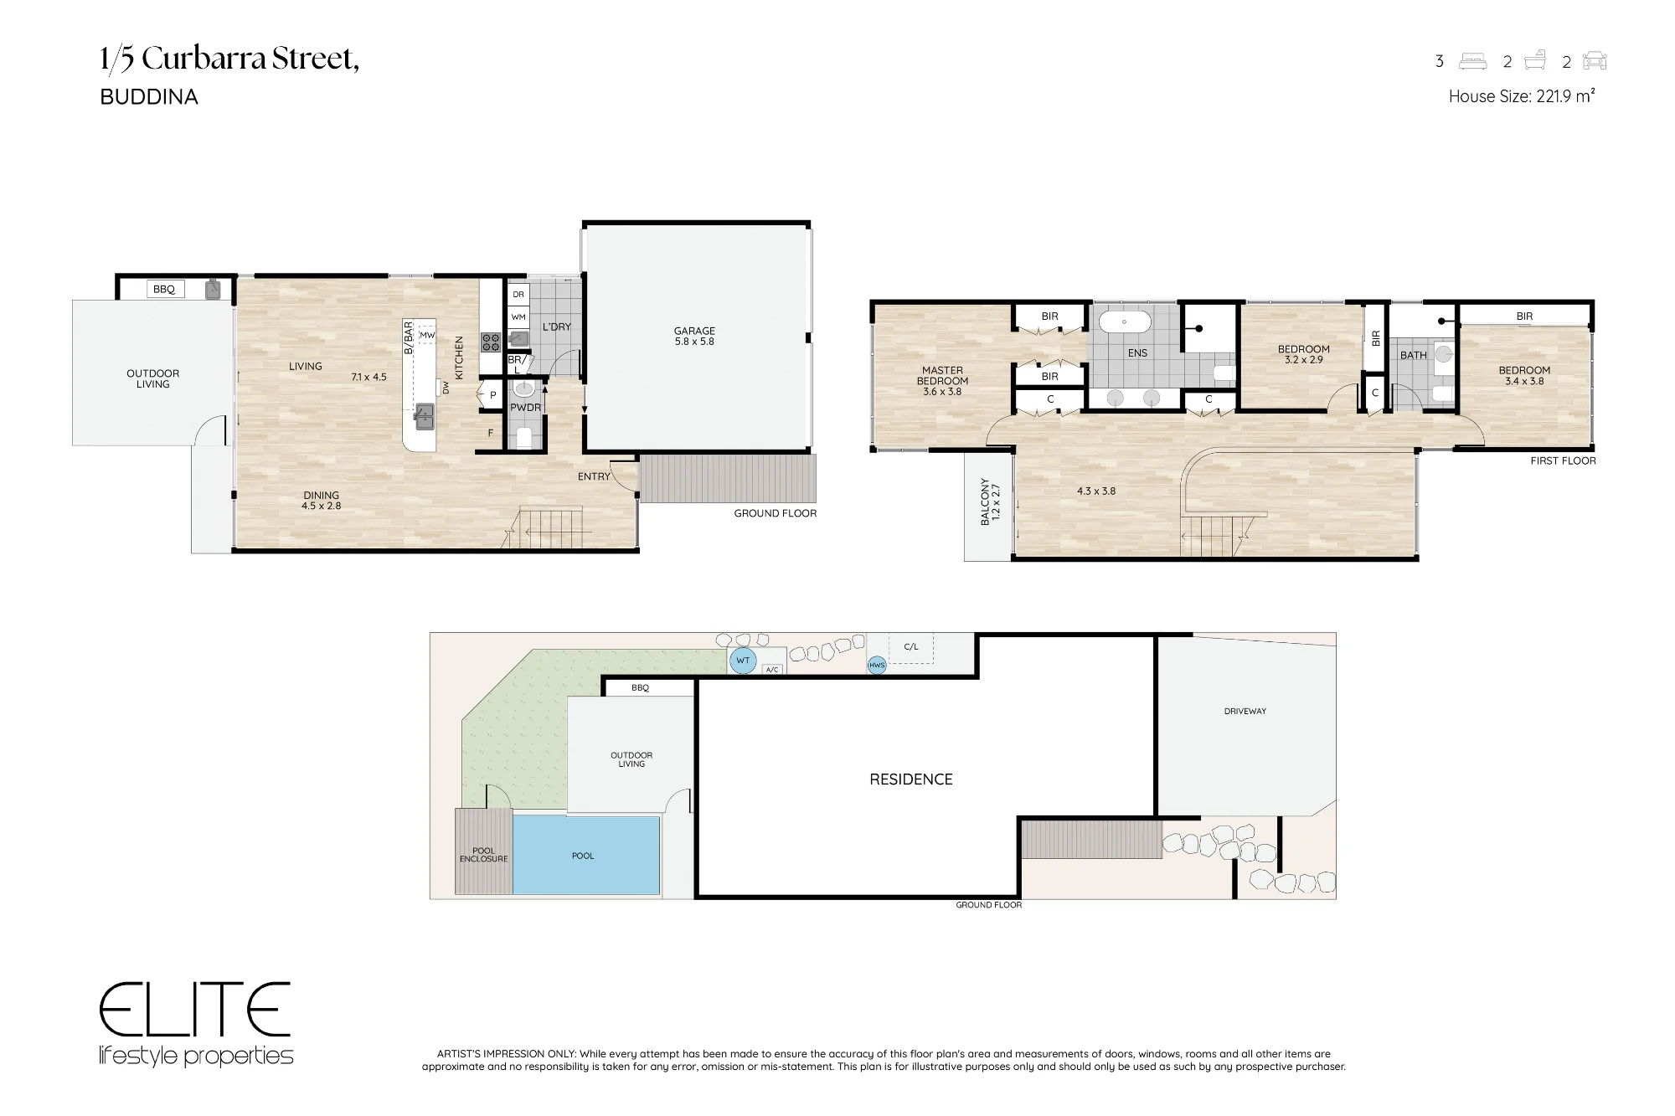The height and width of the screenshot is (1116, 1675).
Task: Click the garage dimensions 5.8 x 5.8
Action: [694, 342]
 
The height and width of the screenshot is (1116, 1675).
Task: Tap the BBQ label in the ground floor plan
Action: [164, 290]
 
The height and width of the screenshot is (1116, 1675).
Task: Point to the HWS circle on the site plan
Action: [877, 666]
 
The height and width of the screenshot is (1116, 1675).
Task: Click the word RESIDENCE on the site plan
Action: [911, 779]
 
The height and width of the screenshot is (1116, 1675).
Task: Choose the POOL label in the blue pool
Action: [583, 856]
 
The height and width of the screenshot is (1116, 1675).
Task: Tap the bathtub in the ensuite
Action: [1125, 321]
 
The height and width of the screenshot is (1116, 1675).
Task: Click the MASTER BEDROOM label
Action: [943, 376]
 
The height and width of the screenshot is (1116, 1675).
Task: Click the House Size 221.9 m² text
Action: [1522, 96]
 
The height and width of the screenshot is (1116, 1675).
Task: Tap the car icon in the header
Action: [1595, 61]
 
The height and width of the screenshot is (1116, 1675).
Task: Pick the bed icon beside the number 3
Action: [1473, 61]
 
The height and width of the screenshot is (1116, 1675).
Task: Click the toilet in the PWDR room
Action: [524, 436]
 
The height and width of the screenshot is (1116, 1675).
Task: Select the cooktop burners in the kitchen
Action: [491, 342]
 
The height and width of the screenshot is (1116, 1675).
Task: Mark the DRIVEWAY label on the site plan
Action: [1245, 712]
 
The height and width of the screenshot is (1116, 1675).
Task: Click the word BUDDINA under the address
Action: [149, 97]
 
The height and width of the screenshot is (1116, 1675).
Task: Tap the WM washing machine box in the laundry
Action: [518, 317]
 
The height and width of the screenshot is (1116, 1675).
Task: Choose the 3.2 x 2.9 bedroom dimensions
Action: [1304, 360]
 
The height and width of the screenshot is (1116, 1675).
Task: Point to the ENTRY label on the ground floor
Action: [594, 476]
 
